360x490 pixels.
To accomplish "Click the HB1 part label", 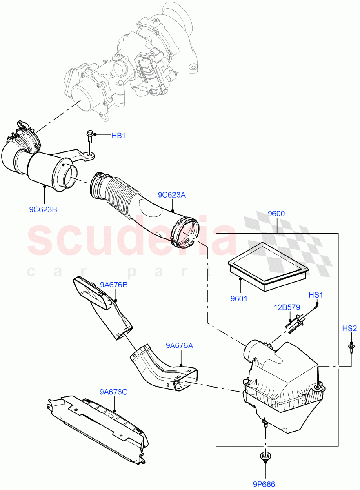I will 118,136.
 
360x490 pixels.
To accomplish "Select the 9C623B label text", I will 43,209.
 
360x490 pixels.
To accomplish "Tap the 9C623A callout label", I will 172,195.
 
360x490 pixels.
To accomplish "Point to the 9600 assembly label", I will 276,214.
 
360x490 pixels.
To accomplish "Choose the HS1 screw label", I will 316,295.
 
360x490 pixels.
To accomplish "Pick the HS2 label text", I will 349,328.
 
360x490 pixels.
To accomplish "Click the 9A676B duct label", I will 113,285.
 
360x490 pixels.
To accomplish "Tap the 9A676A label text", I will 180,345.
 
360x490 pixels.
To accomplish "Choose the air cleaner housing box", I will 282,388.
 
